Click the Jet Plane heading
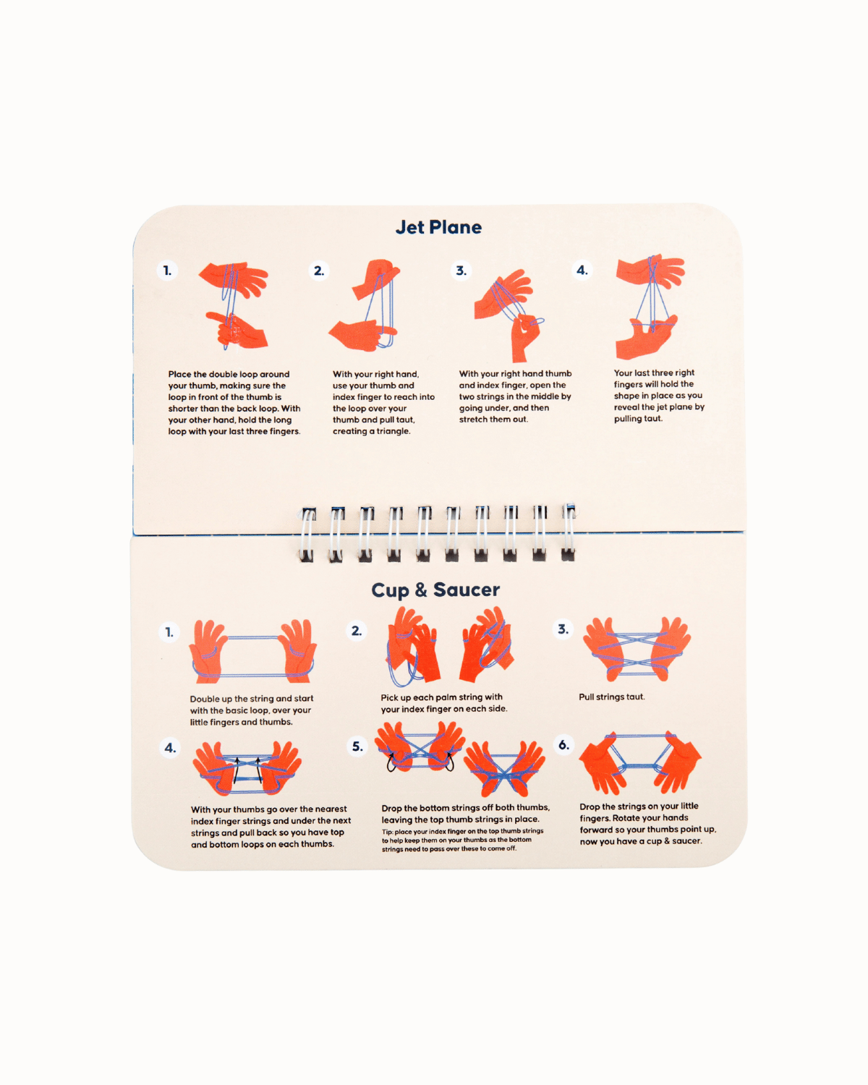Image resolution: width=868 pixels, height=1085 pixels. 438,227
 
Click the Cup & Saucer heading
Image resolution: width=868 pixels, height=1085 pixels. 435,590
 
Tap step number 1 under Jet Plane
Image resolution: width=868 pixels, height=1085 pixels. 167,271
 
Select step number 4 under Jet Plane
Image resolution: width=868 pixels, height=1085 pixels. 582,271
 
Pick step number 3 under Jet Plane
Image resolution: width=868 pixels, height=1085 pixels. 461,271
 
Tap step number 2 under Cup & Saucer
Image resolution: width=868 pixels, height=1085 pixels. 357,631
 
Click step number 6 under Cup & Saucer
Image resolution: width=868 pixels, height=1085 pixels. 564,745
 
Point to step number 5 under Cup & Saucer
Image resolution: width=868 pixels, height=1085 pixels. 357,746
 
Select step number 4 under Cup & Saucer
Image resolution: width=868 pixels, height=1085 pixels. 171,748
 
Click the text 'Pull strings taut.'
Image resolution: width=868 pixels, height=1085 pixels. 612,697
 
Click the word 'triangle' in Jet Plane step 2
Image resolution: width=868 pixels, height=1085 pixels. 393,431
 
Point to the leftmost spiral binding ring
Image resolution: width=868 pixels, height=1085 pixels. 307,535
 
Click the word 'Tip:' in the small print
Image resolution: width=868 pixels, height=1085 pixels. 387,831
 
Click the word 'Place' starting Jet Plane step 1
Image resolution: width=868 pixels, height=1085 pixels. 179,374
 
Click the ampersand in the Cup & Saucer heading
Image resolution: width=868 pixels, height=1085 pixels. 421,590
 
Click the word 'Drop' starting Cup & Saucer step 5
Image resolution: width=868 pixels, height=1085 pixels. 391,808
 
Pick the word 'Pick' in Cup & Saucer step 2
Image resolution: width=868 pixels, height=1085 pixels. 389,697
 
